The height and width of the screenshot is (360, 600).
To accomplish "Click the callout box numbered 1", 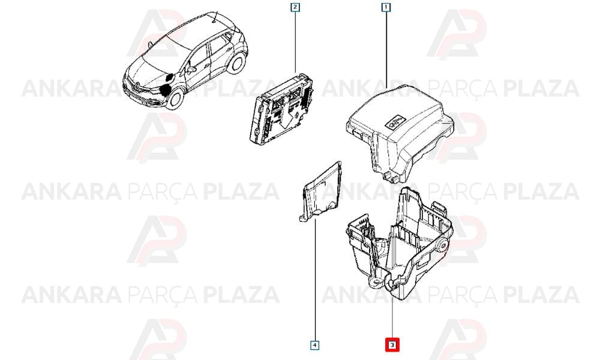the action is tap(386, 7).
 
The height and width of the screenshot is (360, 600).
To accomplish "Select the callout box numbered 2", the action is tap(295, 7).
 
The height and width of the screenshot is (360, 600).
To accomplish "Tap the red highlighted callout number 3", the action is tap(392, 345).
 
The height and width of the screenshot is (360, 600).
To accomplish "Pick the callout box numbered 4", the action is tap(314, 346).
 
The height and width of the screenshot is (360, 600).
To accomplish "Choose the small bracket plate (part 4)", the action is tap(320, 191).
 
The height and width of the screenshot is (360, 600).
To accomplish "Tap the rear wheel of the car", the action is tap(236, 63).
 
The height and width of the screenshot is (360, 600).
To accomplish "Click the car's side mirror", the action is tap(191, 70).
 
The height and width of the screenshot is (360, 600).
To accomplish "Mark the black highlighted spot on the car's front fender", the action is tap(165, 90).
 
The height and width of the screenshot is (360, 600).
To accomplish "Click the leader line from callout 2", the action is tap(295, 42).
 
